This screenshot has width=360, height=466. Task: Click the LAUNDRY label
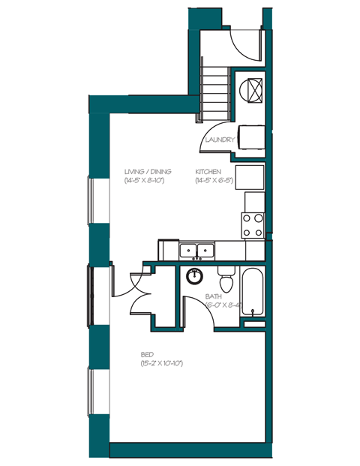(221, 140)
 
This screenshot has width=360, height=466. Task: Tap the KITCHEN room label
(208, 172)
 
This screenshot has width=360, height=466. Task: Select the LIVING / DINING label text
(145, 172)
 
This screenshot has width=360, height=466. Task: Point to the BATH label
(214, 296)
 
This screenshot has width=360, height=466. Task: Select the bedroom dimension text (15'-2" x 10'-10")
(161, 363)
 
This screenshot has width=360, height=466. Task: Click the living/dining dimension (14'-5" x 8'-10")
(145, 181)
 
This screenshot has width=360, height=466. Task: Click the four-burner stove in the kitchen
(253, 224)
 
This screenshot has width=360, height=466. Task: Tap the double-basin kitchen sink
(196, 251)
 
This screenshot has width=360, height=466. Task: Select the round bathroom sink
(194, 274)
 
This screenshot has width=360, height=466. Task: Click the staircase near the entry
(214, 94)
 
